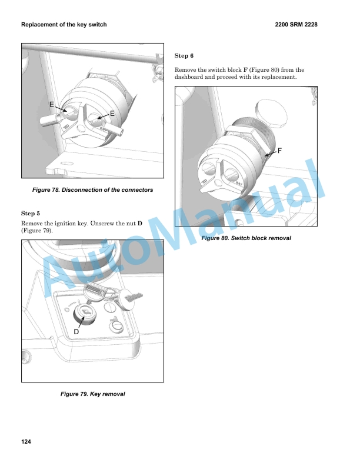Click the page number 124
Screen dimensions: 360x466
pos(26,442)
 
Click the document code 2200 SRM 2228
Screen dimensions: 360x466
pos(296,25)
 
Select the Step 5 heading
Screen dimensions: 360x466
pos(31,214)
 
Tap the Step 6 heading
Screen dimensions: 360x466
pos(184,56)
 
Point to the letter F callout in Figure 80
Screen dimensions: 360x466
pos(279,151)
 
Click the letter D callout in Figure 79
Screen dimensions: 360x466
pos(76,332)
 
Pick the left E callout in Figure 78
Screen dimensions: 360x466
pos(52,104)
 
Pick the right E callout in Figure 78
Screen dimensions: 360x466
pos(112,114)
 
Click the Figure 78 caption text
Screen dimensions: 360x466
pos(93,190)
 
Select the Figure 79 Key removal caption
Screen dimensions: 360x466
pos(93,394)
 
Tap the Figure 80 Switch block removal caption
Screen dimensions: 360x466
pos(246,238)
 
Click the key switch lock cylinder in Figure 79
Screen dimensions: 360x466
pos(84,313)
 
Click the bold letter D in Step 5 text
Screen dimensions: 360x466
pos(140,223)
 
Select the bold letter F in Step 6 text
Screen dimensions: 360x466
pos(245,70)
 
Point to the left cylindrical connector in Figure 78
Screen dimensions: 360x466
pos(51,120)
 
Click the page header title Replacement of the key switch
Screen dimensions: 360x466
pos(64,25)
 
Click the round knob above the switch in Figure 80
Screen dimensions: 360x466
pos(271,114)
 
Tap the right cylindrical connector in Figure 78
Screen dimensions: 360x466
pos(115,129)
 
